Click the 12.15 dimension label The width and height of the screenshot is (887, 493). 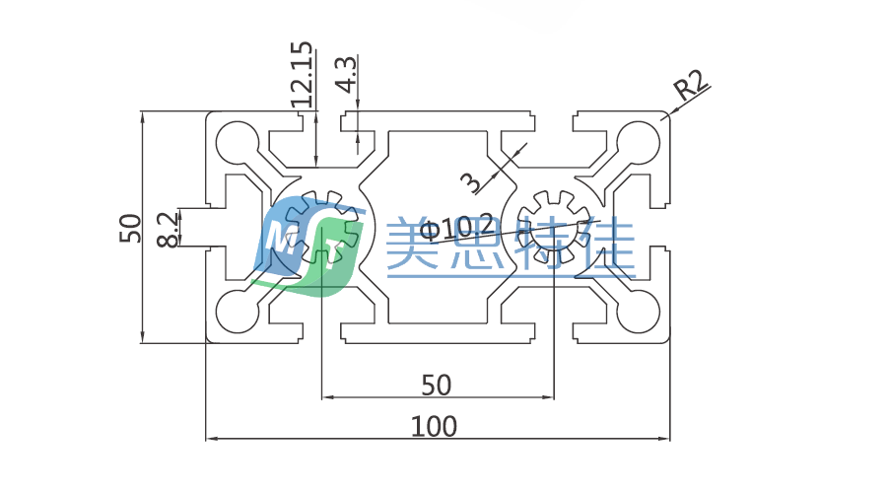303,74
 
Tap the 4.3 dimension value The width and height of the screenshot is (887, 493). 345,74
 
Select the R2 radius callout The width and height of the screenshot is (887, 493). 691,88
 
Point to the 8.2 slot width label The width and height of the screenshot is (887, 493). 169,229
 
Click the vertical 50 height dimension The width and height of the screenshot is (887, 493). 131,229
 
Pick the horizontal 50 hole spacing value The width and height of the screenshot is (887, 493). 436,383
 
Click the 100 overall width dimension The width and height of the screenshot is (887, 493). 435,427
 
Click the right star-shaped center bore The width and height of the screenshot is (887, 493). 552,227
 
